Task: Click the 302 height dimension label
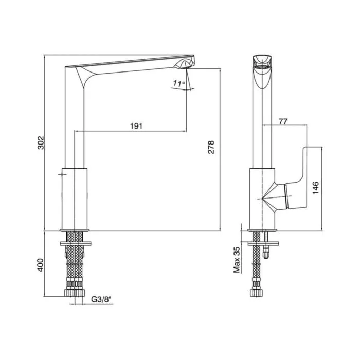[x=41, y=143]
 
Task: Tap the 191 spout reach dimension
[x=136, y=126]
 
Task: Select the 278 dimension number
[x=211, y=147]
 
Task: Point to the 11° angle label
[x=179, y=83]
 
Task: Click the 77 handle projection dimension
[x=283, y=121]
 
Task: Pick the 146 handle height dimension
[x=316, y=188]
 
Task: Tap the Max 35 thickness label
[x=237, y=260]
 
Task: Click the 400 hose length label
[x=40, y=265]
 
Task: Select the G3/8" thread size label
[x=101, y=299]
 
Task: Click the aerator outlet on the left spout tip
[x=184, y=66]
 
